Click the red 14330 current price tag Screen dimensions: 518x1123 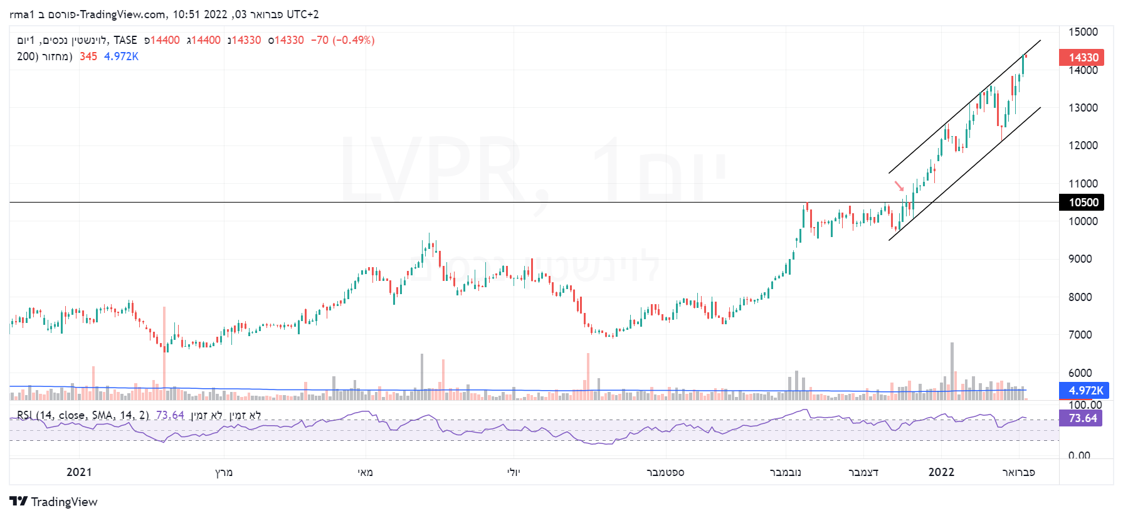click(x=1082, y=58)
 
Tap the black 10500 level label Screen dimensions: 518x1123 click(x=1082, y=202)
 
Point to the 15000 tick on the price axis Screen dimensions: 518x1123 click(x=1083, y=32)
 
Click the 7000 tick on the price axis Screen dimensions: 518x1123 click(x=1083, y=335)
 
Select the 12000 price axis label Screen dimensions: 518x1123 click(x=1083, y=145)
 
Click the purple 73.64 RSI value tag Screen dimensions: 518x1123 click(x=1082, y=418)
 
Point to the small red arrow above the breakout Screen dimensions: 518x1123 click(x=899, y=186)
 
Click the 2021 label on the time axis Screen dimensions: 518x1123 click(x=79, y=472)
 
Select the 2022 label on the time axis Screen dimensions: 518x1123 click(x=941, y=472)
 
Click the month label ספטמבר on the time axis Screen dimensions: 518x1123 click(x=665, y=472)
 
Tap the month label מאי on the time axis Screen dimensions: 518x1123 click(x=366, y=472)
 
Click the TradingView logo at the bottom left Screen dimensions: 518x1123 click(x=54, y=502)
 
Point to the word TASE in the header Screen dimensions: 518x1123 click(x=125, y=40)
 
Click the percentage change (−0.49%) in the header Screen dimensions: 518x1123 click(x=354, y=40)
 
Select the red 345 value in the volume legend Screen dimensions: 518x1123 click(x=88, y=56)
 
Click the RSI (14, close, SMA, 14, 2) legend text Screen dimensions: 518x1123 click(x=83, y=415)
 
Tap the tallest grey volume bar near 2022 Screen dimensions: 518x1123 click(x=952, y=370)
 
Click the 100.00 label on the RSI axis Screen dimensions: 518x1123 click(x=1085, y=405)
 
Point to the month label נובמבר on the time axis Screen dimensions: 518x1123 click(x=785, y=472)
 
